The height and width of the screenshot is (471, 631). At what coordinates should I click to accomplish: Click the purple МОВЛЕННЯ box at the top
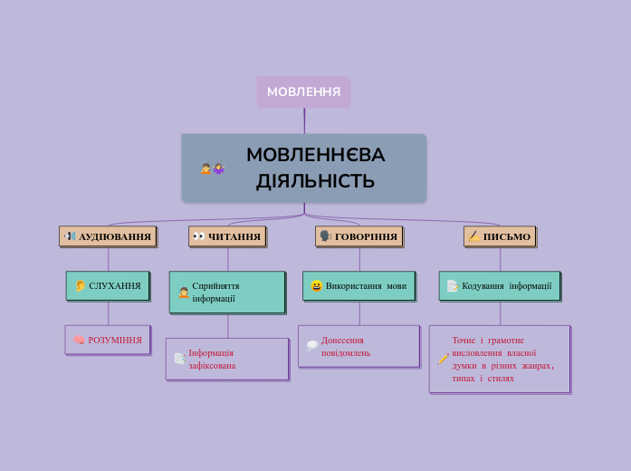coord(303,91)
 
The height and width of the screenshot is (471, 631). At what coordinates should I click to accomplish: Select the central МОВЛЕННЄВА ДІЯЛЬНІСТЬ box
coord(303,168)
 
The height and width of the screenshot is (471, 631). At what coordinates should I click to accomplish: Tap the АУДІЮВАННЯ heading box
coord(108,236)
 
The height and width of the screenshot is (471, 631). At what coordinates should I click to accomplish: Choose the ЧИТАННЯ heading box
coord(227,236)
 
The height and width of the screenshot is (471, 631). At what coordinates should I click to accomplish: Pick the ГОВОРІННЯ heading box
coord(359,236)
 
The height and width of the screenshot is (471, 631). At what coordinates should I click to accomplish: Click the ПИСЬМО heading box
coord(500,236)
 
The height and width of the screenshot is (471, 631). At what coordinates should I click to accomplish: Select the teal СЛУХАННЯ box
coord(108,285)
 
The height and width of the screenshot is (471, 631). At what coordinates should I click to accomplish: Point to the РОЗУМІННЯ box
coord(108,340)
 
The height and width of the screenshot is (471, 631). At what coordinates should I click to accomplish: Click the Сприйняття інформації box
coord(227,292)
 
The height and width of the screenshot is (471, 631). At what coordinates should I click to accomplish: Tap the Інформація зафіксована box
coord(227,359)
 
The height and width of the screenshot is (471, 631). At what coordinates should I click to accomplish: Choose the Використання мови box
coord(359,285)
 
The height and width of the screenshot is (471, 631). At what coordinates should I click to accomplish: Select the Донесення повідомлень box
coord(359,346)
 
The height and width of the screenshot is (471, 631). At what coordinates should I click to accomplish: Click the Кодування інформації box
coord(500,285)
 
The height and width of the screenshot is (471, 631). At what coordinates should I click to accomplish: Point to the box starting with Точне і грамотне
coord(500,359)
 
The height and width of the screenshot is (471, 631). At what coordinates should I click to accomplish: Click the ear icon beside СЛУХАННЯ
coord(80,286)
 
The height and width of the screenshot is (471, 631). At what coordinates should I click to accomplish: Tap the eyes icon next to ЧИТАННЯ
coord(198,236)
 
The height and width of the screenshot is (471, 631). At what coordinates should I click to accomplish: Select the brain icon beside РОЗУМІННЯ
coord(79,341)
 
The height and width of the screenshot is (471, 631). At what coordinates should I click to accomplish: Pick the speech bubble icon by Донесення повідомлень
coord(311,345)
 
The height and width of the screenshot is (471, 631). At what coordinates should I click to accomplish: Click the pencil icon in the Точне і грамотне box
coord(442,360)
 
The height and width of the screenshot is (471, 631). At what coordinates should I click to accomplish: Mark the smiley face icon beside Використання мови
coord(316,286)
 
